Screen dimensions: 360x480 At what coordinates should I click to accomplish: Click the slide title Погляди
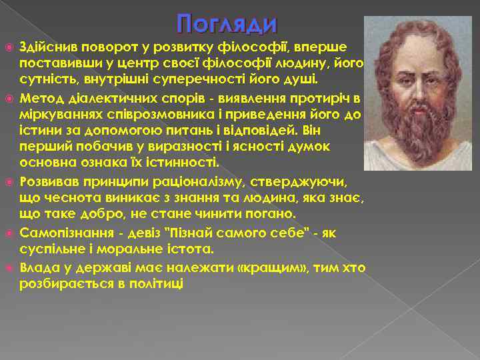click(x=227, y=25)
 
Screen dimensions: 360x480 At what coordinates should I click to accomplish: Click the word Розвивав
click(x=48, y=181)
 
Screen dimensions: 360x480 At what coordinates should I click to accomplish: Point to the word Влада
click(x=38, y=267)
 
